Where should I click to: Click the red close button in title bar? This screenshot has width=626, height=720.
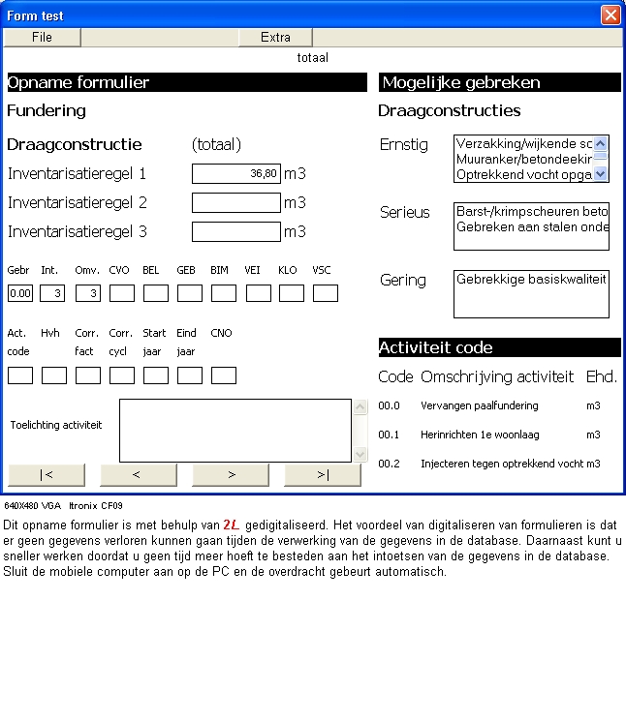(610, 15)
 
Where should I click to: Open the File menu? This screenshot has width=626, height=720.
(42, 37)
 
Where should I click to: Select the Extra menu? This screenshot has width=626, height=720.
(275, 37)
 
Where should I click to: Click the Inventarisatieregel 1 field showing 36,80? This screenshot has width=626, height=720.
(236, 173)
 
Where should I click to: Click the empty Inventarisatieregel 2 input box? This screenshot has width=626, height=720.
(236, 202)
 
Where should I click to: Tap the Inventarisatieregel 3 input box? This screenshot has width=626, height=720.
(236, 231)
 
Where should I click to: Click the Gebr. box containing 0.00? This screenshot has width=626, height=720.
(20, 292)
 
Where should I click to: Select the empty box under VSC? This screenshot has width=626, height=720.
(326, 292)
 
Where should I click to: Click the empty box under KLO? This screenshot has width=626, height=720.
(292, 292)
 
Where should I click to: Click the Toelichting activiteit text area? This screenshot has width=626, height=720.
(235, 430)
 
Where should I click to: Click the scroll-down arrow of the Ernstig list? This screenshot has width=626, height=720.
(601, 174)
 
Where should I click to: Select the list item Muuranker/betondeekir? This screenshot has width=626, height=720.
(523, 159)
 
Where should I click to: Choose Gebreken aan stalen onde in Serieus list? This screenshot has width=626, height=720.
(532, 227)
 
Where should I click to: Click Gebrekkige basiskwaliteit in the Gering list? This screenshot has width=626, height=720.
(531, 279)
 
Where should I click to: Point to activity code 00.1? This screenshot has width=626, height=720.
(389, 435)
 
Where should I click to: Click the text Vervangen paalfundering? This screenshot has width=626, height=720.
(480, 405)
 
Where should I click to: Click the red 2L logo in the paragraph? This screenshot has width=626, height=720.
(231, 523)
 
